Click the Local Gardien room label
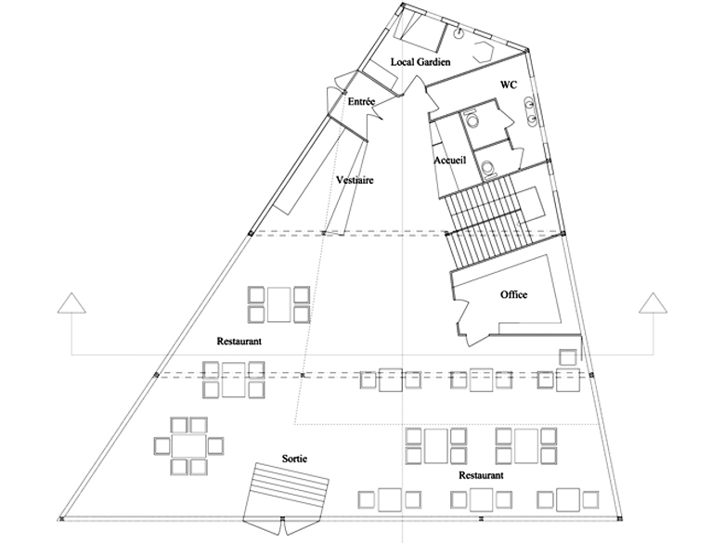[x=420, y=61]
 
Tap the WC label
[x=508, y=84]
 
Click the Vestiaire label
[x=355, y=180]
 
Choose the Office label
[x=513, y=294]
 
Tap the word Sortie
[x=294, y=459]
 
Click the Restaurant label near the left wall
[x=239, y=342]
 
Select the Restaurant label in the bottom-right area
[x=481, y=474]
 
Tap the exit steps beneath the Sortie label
[x=285, y=492]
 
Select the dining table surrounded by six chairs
[x=191, y=446]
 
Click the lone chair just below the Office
[x=567, y=356]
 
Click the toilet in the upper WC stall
[x=472, y=121]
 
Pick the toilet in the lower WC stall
[x=486, y=167]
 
